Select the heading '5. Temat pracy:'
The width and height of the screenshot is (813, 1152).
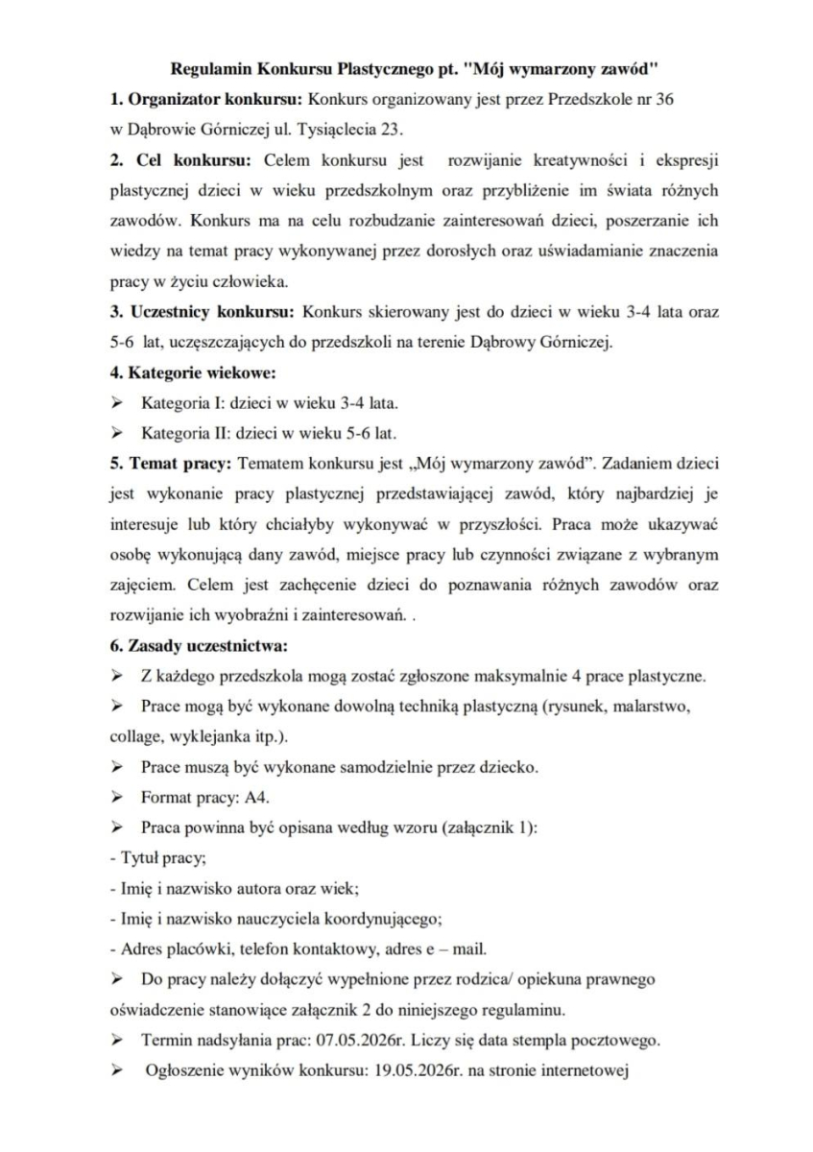[169, 462]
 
